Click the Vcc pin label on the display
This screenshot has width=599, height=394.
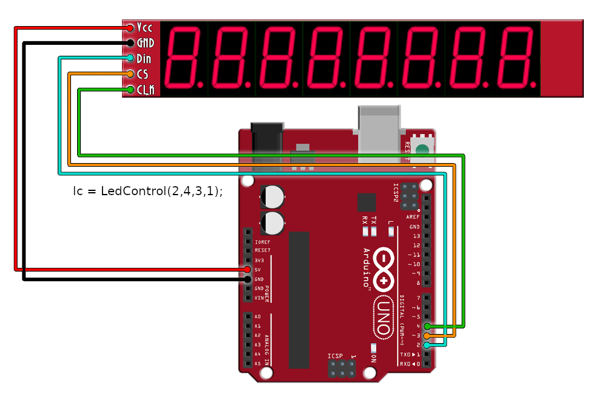click(x=144, y=27)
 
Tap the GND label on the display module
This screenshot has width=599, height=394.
click(x=146, y=43)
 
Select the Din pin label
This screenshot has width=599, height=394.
click(x=144, y=59)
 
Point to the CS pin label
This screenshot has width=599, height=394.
click(x=143, y=74)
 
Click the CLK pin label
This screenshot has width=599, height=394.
click(x=146, y=90)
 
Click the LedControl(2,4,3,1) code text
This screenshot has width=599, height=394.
click(x=148, y=190)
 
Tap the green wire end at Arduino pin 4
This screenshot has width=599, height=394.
click(x=428, y=326)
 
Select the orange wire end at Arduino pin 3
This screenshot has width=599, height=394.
click(x=428, y=335)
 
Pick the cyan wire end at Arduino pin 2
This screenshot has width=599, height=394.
click(x=428, y=345)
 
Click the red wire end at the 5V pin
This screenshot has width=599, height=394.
click(x=248, y=269)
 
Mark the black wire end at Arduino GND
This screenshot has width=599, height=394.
click(x=248, y=279)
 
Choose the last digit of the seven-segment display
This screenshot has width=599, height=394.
click(x=516, y=57)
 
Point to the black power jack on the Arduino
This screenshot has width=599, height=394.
click(x=268, y=143)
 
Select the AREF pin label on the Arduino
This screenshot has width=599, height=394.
click(x=413, y=217)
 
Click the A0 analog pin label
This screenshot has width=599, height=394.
click(x=258, y=316)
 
